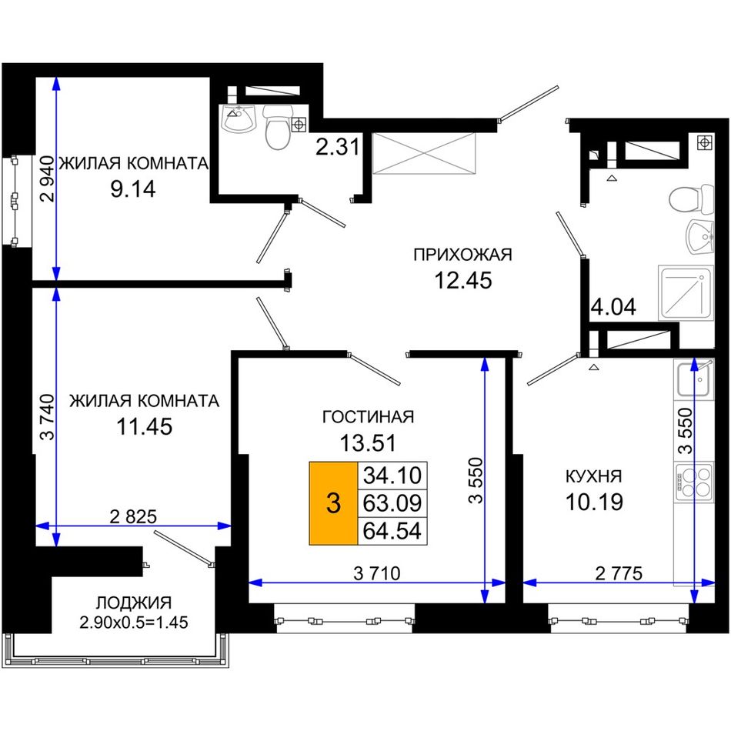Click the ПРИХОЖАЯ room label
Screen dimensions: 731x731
coord(462,255)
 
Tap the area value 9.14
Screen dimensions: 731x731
coord(133,189)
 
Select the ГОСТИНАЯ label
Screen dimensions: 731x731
coord(368,416)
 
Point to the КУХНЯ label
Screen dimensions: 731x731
coord(593,476)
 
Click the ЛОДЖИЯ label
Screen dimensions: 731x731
coord(134,602)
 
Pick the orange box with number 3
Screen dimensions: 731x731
coord(333,503)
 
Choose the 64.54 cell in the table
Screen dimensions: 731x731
coord(392,530)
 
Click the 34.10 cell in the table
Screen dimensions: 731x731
coord(392,476)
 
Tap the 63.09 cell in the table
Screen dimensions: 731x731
coord(392,503)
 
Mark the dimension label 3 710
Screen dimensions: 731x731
coord(377,573)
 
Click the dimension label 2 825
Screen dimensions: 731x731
coord(133,516)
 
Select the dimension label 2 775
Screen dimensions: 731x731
coord(619,573)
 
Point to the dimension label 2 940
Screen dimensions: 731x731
coord(48,179)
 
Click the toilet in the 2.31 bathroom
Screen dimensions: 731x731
coord(279,127)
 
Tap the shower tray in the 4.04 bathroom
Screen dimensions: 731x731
coord(686,292)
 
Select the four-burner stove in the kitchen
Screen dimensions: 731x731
coord(694,482)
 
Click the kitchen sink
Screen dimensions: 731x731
coord(694,379)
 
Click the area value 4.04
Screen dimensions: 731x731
coord(613,307)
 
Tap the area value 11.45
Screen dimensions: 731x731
coord(145,426)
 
